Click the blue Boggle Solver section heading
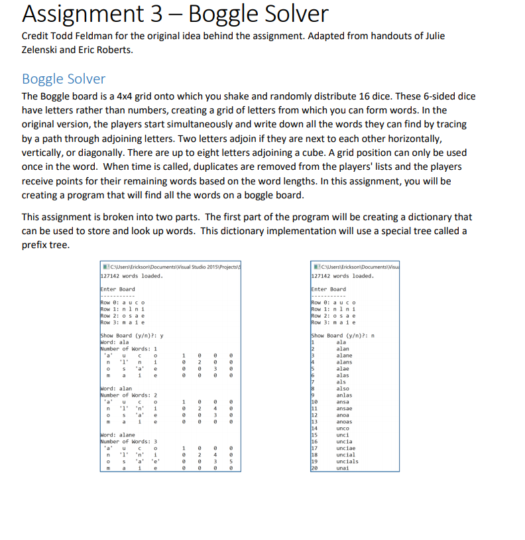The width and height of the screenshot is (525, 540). pyautogui.click(x=64, y=79)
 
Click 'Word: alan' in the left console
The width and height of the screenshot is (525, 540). pyautogui.click(x=116, y=389)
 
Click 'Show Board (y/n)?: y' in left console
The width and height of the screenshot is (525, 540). pyautogui.click(x=131, y=336)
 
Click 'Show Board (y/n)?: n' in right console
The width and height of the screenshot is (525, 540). pyautogui.click(x=343, y=336)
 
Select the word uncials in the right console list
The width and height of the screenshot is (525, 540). pyautogui.click(x=347, y=461)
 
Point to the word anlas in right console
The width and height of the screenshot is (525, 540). pyautogui.click(x=344, y=395)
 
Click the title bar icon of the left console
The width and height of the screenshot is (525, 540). pyautogui.click(x=102, y=266)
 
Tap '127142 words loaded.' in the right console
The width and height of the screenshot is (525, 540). pyautogui.click(x=343, y=276)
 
